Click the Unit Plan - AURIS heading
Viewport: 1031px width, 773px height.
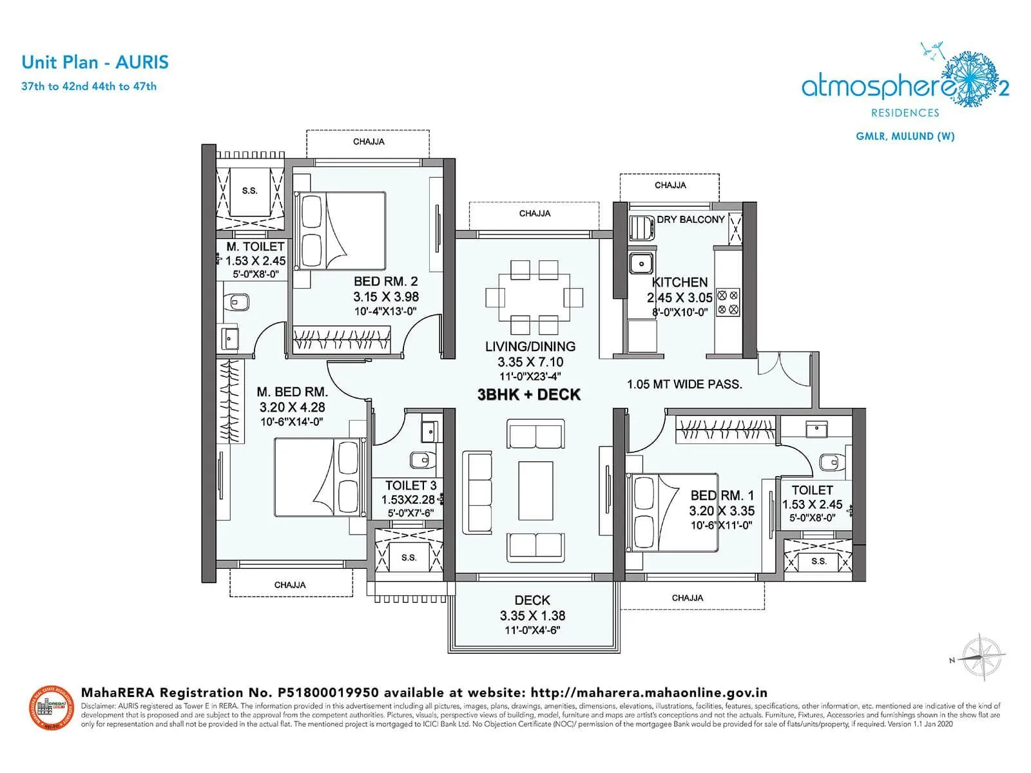95,62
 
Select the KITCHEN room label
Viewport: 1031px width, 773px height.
679,282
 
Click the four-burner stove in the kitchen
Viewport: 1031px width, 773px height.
727,303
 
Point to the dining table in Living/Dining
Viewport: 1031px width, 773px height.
534,297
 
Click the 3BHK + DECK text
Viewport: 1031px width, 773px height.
528,395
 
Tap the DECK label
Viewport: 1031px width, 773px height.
532,600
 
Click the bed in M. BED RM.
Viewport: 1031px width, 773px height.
320,477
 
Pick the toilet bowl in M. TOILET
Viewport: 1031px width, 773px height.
239,301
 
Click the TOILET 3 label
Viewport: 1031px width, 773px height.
410,486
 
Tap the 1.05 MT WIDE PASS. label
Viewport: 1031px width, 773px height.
684,385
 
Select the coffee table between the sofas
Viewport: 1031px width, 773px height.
535,490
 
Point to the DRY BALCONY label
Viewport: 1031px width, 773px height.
691,220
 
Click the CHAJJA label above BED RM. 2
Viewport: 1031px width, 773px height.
369,142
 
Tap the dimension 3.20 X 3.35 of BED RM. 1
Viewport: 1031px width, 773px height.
721,511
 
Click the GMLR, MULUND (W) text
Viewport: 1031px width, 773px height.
905,136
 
